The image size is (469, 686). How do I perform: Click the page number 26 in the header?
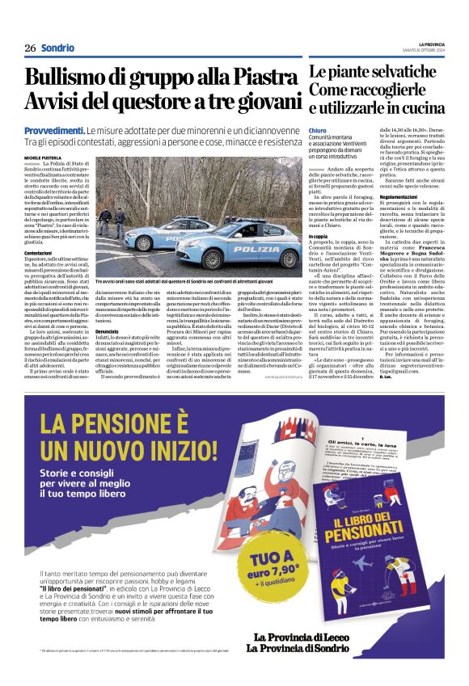30,48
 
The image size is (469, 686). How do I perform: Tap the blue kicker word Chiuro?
318,129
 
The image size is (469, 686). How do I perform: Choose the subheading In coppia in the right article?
319,236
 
